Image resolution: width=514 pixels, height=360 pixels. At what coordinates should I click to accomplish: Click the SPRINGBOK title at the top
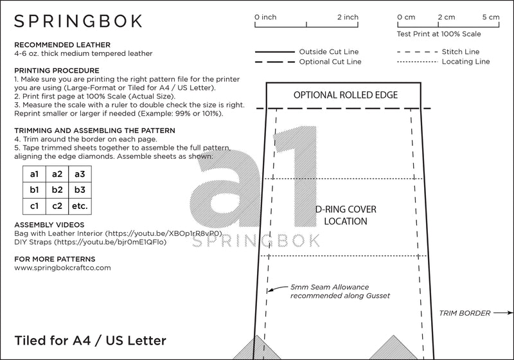tap(78, 21)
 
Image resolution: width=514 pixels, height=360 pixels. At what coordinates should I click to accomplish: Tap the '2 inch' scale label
tap(348, 17)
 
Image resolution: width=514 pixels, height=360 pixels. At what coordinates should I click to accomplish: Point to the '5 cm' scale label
tap(490, 17)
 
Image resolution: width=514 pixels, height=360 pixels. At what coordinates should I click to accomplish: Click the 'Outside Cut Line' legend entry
tap(329, 51)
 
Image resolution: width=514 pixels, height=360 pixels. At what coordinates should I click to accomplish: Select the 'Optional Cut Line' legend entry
tap(330, 62)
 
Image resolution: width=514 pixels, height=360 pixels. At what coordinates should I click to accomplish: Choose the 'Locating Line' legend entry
tap(466, 62)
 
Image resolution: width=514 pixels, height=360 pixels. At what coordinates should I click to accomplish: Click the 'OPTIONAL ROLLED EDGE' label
tap(346, 95)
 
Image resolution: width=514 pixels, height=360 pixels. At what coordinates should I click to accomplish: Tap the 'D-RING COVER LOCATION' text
tap(346, 215)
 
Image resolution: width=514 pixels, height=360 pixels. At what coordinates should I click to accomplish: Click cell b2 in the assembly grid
tap(57, 190)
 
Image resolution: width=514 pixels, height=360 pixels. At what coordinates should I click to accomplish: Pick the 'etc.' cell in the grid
tap(80, 206)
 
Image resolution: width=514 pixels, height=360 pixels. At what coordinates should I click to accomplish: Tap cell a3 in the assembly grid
tap(80, 174)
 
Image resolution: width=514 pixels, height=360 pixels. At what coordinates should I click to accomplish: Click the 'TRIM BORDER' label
tap(462, 313)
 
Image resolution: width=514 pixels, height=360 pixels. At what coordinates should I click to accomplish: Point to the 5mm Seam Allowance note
tap(340, 291)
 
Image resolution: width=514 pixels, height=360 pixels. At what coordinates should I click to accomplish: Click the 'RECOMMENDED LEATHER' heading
tap(55, 44)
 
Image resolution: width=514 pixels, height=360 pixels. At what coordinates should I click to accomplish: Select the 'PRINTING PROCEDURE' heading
tap(57, 70)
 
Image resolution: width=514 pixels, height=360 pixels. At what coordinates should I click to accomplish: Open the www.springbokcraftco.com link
tap(62, 267)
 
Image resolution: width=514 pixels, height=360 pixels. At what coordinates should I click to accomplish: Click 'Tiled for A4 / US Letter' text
tap(90, 339)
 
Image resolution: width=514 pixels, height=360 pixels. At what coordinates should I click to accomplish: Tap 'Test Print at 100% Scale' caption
tap(439, 33)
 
